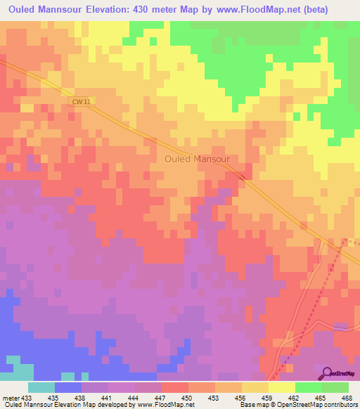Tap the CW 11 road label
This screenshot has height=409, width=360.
pyautogui.click(x=81, y=101)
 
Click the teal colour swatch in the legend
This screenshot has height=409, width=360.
pyautogui.click(x=41, y=387)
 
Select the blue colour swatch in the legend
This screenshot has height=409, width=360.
pyautogui.click(x=68, y=387)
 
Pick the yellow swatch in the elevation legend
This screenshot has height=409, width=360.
pyautogui.click(x=282, y=387)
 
